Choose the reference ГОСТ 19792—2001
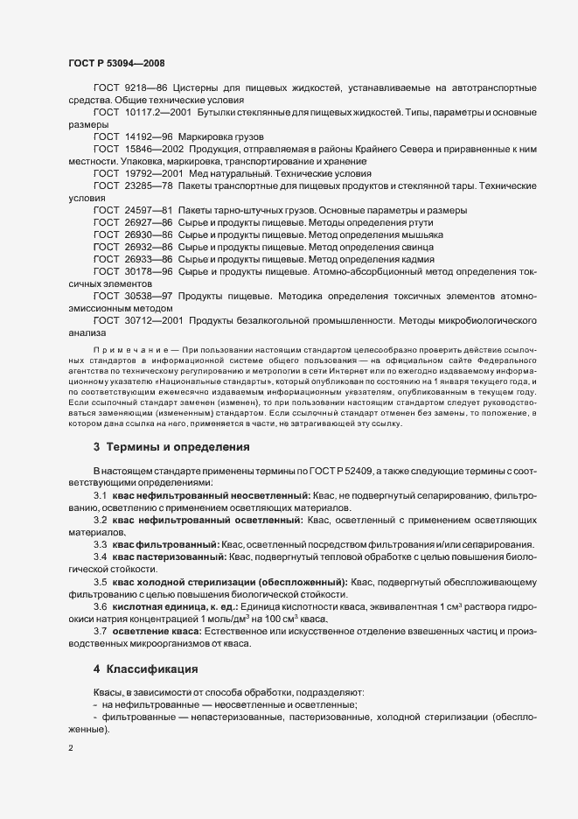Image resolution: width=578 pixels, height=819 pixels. (133, 174)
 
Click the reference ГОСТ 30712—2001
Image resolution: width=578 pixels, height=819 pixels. (133, 320)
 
